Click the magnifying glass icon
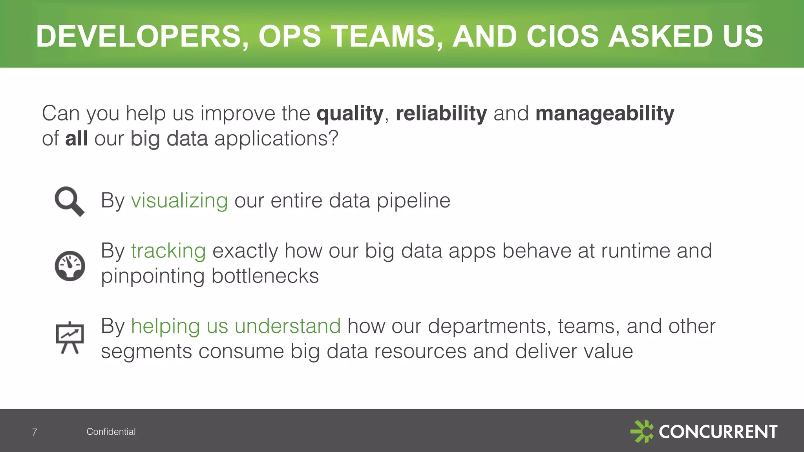69,201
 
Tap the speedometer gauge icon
70,266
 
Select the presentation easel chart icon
70,337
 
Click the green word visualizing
179,201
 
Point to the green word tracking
168,251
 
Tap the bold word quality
350,114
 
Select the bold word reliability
441,113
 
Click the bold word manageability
605,114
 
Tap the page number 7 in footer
35,432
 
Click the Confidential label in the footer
111,432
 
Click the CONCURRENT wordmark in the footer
718,432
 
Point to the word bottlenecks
265,276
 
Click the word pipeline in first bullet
413,201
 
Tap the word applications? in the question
276,139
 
